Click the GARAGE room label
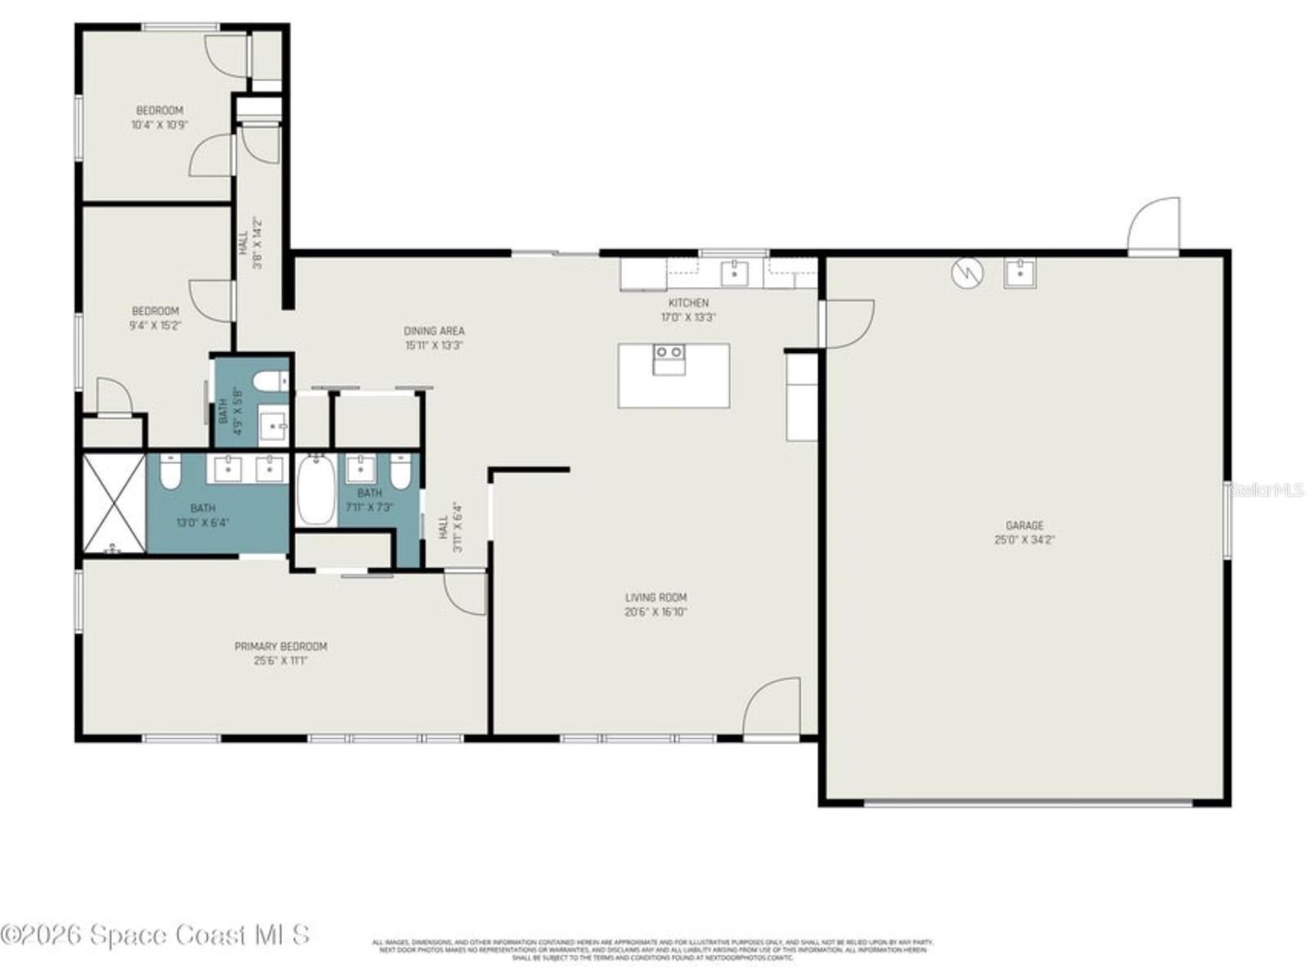point(1023,526)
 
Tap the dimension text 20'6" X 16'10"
point(656,611)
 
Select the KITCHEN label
point(688,302)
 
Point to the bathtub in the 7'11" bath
point(316,490)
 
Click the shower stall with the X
point(114,503)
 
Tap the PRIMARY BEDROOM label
point(280,647)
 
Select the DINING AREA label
point(434,331)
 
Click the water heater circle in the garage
point(967,274)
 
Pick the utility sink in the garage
point(1019,274)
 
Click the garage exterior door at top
point(1154,225)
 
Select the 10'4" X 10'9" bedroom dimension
point(159,125)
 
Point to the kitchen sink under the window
point(734,274)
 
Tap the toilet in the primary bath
point(169,472)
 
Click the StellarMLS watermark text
point(1267,490)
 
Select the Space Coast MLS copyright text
point(155,934)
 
